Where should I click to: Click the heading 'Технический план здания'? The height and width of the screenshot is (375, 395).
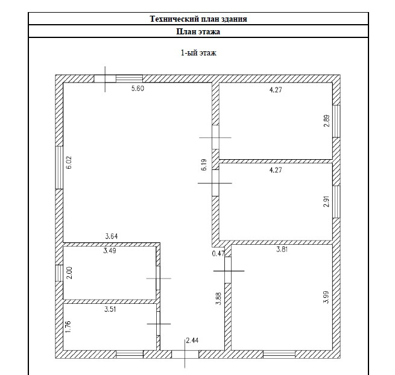coord(198,19)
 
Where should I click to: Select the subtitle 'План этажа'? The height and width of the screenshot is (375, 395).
coord(198,31)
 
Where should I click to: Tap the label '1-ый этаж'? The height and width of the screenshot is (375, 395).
coord(198,53)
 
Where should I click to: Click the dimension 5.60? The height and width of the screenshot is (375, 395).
coord(137,89)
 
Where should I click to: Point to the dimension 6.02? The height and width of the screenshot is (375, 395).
coord(69,163)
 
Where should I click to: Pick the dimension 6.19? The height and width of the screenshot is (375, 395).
coord(204,165)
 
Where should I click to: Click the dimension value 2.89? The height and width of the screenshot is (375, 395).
coord(327,121)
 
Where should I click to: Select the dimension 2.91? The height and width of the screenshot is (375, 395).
coord(326,201)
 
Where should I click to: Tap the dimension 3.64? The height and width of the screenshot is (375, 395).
coord(112,236)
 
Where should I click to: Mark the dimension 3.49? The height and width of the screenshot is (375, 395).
coord(110,251)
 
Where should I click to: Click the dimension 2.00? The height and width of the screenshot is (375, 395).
coord(70,273)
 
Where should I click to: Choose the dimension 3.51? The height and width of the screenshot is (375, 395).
coord(110,309)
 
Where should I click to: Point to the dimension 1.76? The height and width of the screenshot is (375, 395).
coord(68,327)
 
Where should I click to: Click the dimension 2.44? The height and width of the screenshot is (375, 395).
coord(192,341)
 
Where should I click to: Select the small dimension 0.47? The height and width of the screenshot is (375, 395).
coord(218,254)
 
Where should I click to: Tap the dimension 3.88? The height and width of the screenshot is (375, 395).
coord(219,298)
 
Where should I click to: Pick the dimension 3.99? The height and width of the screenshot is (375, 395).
coord(326,297)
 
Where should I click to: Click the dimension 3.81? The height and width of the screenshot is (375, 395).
coord(282,250)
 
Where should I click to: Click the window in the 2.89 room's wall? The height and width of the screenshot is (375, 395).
coord(337,121)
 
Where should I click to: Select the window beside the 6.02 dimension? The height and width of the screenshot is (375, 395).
coord(59,168)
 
